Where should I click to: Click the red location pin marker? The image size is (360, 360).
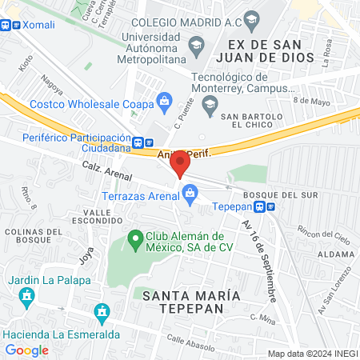pyautogui.click(x=181, y=162)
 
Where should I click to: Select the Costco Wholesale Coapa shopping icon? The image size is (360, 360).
pyautogui.click(x=165, y=101)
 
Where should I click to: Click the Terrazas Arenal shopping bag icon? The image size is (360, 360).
pyautogui.click(x=190, y=192)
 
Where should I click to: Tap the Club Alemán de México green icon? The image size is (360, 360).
pyautogui.click(x=134, y=238)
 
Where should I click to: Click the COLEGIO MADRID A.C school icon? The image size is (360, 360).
pyautogui.click(x=251, y=19)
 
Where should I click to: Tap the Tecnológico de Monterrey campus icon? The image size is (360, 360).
pyautogui.click(x=210, y=102)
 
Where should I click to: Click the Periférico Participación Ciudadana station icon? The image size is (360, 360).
pyautogui.click(x=139, y=144)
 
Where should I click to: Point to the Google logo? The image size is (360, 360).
pyautogui.click(x=26, y=350)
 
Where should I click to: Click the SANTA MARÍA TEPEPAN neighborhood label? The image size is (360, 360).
pyautogui.click(x=190, y=302)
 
